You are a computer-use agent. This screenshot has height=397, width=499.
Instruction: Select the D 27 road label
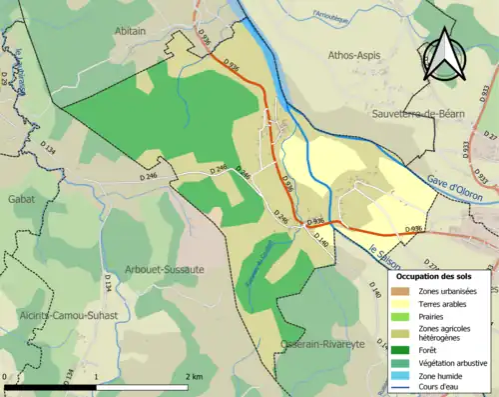point(488,135)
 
